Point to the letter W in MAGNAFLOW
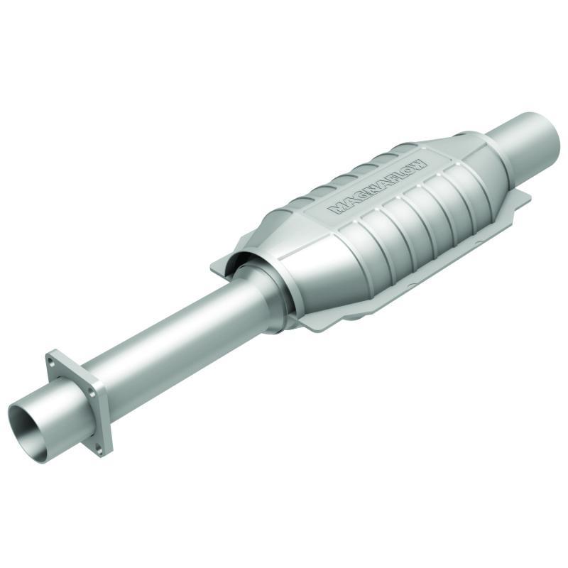419,163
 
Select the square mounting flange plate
78,401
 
